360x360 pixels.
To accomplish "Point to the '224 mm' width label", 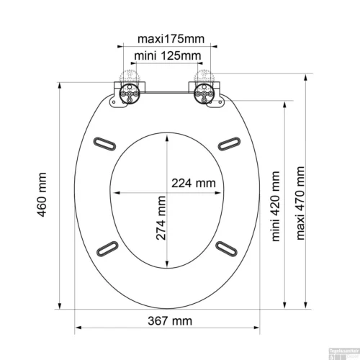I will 193,183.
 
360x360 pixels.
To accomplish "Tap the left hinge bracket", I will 129,94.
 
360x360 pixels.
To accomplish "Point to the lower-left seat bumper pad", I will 107,247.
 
